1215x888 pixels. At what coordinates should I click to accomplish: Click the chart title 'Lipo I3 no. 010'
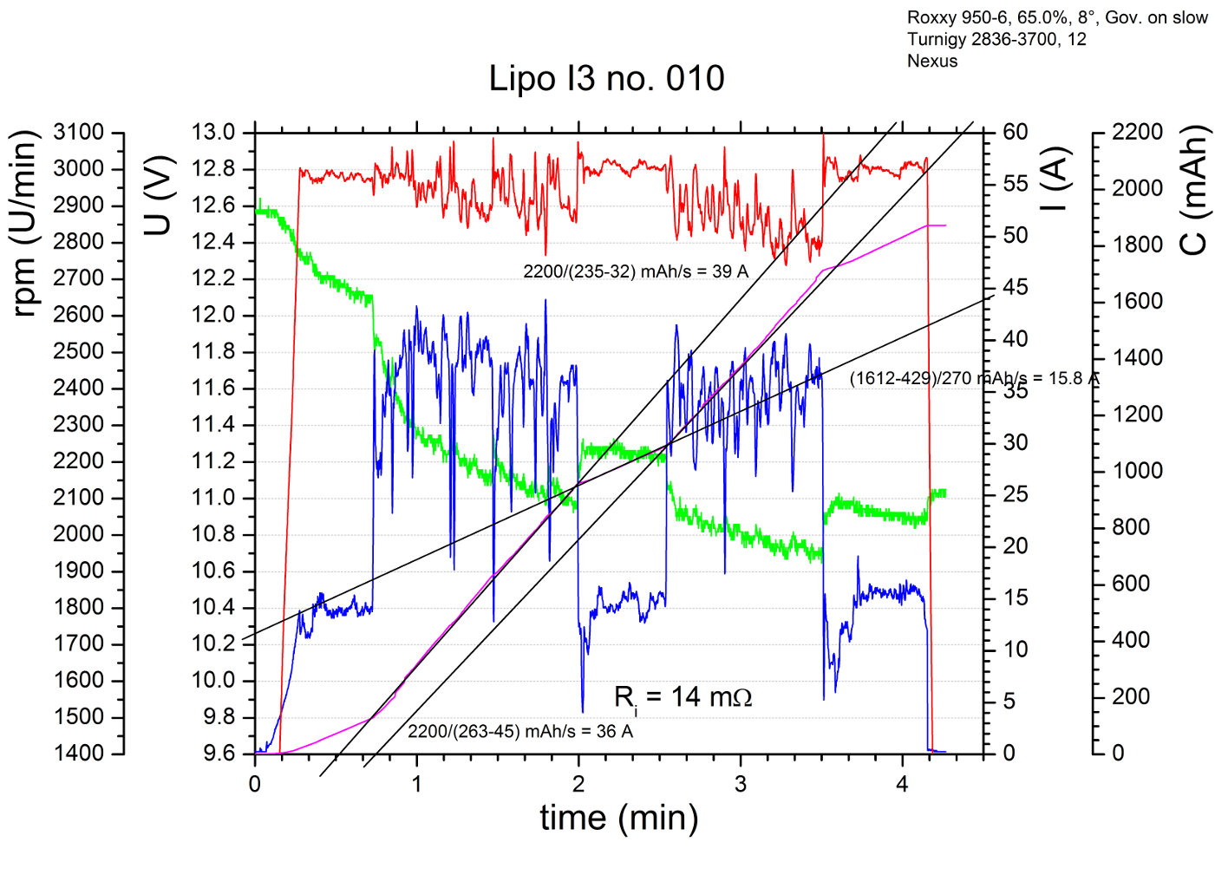(x=606, y=79)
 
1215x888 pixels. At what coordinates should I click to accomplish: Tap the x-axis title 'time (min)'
(x=618, y=818)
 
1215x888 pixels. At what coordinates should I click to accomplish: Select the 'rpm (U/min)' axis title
(x=25, y=224)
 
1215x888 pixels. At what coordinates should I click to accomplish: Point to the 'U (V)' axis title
(x=159, y=195)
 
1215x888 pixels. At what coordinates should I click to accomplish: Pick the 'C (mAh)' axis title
(x=1194, y=190)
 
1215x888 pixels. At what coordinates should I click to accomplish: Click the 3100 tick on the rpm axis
(x=78, y=133)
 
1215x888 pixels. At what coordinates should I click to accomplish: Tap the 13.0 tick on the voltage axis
(x=213, y=133)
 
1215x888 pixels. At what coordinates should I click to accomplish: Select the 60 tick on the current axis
(x=1016, y=133)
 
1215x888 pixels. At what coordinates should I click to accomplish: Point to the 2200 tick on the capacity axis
(x=1137, y=133)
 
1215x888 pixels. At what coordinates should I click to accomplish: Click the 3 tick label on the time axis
(x=741, y=785)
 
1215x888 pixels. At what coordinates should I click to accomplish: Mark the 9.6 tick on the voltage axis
(x=213, y=754)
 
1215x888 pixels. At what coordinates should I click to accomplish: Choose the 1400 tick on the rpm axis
(x=78, y=754)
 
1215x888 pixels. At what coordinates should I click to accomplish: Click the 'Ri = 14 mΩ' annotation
(x=683, y=697)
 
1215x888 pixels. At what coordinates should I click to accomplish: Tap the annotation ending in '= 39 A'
(x=636, y=271)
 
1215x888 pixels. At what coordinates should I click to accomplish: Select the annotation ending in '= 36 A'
(x=520, y=732)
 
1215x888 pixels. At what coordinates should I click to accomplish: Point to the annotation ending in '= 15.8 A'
(x=974, y=379)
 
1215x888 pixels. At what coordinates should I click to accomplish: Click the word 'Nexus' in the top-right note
(x=932, y=62)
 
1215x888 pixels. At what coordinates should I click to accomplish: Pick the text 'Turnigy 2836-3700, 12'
(x=996, y=40)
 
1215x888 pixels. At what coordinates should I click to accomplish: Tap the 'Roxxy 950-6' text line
(x=1057, y=18)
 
